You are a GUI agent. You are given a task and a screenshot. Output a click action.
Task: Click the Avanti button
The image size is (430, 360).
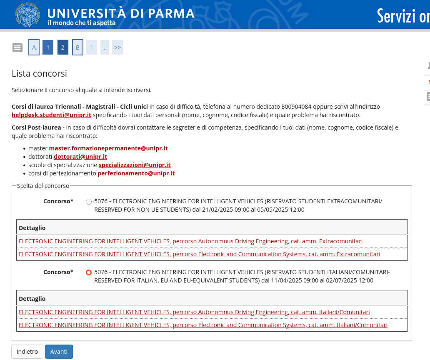59,352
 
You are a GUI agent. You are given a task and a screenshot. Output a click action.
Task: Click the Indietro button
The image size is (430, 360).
27,352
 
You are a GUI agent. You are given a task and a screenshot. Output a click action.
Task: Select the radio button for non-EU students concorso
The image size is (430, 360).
89,202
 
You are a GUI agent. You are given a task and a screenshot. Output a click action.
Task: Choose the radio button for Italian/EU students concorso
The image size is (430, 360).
89,272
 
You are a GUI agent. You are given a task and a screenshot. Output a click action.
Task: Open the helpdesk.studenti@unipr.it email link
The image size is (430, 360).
51,115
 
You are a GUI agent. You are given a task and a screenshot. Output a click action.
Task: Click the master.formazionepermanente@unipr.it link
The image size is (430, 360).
108,148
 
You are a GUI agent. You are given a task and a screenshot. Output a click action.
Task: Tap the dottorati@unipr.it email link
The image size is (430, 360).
80,157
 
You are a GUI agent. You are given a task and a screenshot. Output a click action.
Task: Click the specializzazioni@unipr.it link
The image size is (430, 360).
135,165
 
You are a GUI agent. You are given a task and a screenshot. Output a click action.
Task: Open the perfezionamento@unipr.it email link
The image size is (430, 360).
136,173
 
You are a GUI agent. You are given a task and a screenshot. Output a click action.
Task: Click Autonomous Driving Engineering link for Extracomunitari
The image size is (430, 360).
190,241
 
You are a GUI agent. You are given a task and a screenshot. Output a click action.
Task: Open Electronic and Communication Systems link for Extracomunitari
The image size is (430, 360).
199,254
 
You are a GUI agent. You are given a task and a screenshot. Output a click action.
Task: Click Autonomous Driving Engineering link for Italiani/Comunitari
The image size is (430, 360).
194,312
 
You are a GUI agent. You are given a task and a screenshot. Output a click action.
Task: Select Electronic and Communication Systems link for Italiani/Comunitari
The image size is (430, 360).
203,325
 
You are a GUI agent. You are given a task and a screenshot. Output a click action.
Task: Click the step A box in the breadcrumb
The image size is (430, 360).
34,47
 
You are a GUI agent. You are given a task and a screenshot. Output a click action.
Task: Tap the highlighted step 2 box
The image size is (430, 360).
63,47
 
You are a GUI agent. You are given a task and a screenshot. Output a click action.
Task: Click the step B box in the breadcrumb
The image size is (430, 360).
77,47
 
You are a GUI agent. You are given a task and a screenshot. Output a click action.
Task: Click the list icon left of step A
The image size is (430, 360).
17,47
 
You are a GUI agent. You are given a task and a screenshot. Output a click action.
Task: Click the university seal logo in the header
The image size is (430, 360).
27,14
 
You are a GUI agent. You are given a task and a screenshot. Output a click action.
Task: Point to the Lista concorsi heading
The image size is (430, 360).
39,74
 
